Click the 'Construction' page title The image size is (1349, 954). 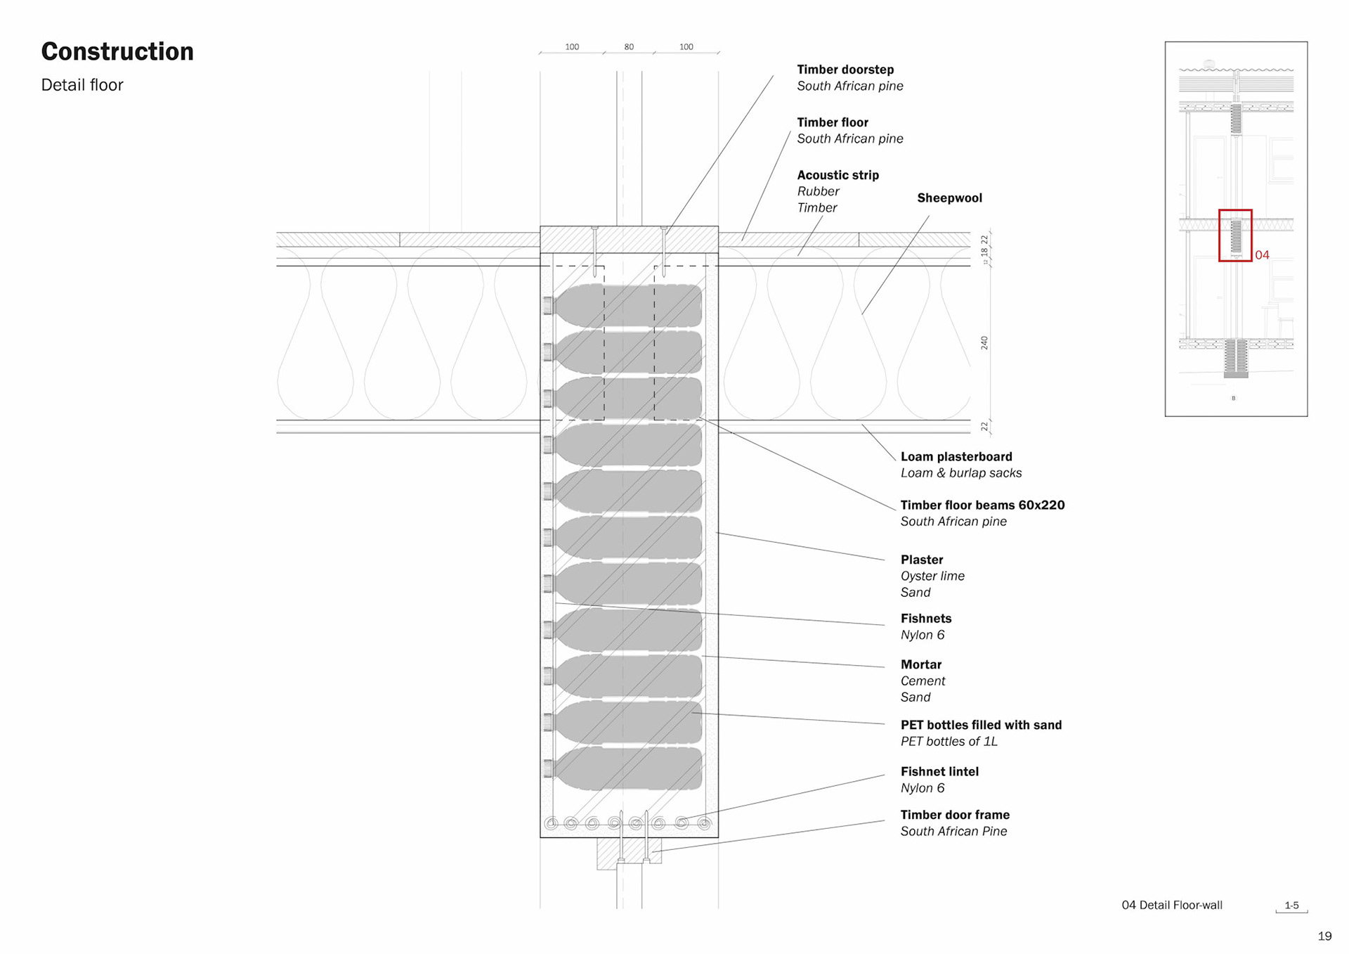[117, 52]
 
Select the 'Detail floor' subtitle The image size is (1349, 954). [82, 85]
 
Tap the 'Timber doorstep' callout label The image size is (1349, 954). [845, 70]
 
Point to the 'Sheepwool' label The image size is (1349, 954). [949, 198]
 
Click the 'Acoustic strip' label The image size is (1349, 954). [838, 175]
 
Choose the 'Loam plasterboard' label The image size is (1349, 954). [956, 457]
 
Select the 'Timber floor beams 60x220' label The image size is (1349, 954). [982, 505]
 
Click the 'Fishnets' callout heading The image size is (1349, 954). [926, 619]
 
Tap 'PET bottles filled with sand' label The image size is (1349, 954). [981, 725]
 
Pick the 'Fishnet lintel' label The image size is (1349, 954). [939, 772]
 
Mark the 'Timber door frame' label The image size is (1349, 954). [955, 815]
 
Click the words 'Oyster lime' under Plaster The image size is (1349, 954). [932, 576]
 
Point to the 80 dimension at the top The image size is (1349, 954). [629, 47]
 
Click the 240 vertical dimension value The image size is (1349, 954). [984, 343]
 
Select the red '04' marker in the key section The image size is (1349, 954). [1262, 255]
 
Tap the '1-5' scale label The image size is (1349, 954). [1291, 905]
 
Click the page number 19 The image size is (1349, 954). [1324, 936]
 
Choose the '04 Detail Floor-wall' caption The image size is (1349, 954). [1171, 905]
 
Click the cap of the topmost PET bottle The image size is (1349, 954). [548, 305]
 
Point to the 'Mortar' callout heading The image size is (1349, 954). [921, 665]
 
